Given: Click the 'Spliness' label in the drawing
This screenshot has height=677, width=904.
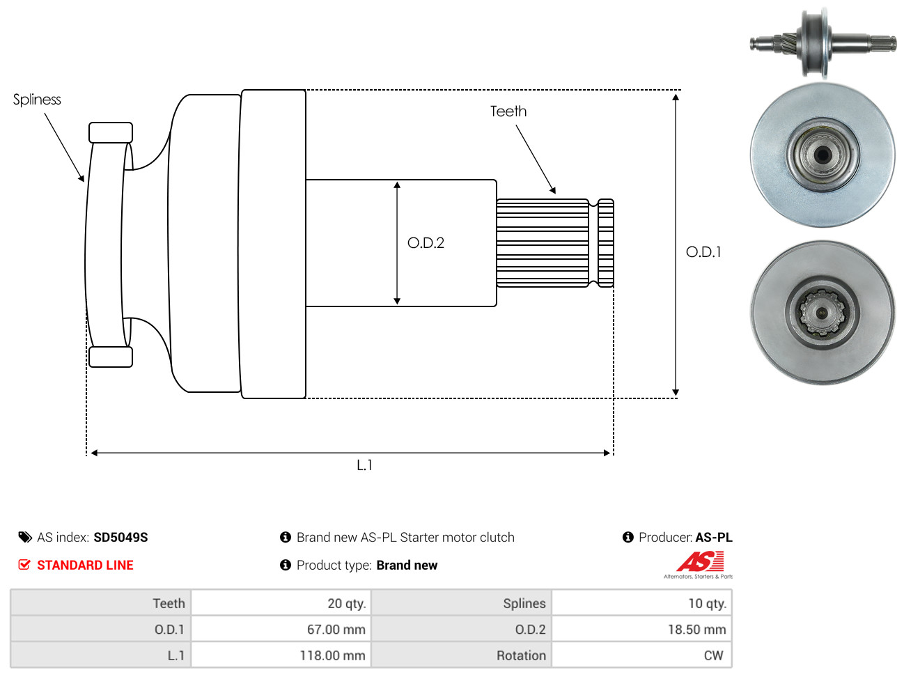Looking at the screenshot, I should point(37,100).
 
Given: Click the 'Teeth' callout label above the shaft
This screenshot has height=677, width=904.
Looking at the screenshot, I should point(508,111).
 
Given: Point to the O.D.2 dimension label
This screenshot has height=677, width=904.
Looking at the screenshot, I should point(426,243).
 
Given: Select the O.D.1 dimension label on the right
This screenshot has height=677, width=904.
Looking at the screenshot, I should point(703,252).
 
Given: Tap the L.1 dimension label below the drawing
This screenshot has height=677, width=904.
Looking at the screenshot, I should point(364,465).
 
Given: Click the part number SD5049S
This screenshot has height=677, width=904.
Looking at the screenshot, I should point(120,538).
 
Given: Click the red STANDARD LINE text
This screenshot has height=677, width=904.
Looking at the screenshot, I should point(85,566).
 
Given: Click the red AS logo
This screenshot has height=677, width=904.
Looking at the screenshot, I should point(700,561).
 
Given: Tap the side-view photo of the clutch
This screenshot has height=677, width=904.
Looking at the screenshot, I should point(823,43).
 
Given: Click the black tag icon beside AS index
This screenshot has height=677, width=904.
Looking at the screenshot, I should point(25,537).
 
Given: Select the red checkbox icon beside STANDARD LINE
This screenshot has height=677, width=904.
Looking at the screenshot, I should point(24,565).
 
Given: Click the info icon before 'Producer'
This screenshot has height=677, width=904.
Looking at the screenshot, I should point(628,537).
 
